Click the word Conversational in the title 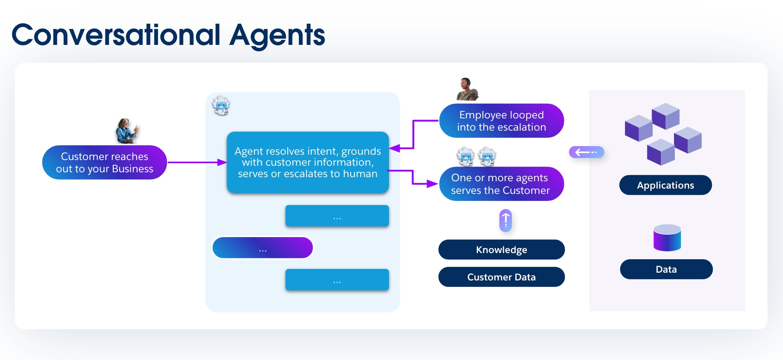(x=116, y=35)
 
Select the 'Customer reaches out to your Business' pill (x=105, y=162)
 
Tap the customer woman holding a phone (x=127, y=131)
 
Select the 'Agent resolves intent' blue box (x=307, y=162)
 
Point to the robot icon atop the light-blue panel (x=221, y=106)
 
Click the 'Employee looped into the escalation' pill (x=501, y=121)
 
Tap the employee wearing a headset (x=467, y=89)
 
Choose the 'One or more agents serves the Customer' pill (x=501, y=184)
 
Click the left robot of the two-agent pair (x=465, y=157)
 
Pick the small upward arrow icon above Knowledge (x=505, y=221)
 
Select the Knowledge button (x=501, y=250)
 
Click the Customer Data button (x=501, y=277)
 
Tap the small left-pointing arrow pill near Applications (x=586, y=152)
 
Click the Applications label (x=665, y=185)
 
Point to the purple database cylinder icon (x=667, y=238)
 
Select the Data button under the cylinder (x=666, y=269)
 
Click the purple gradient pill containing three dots (x=263, y=248)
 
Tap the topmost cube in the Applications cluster (x=665, y=116)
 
